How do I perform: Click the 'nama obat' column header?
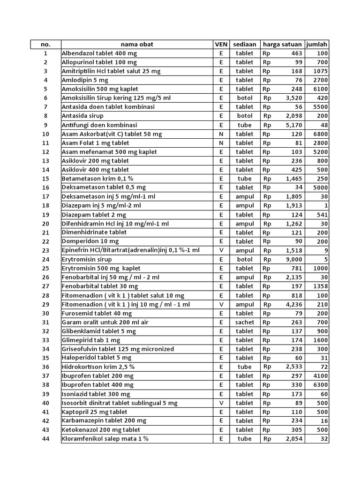pos(136,45)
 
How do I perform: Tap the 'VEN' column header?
pos(221,45)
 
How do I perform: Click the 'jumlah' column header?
pos(316,45)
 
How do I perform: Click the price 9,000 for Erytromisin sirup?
pos(294,259)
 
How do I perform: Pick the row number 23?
pos(45,250)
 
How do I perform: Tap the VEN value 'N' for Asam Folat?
pos(221,143)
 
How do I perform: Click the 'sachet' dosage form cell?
pos(244,322)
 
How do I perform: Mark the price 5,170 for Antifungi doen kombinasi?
pos(294,125)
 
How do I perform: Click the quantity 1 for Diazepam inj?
pos(326,206)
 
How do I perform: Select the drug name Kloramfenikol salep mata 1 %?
pos(105,439)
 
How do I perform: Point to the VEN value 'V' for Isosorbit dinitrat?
pos(221,403)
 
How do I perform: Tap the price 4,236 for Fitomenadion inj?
pos(294,304)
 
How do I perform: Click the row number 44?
pos(45,439)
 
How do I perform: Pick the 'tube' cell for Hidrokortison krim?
pos(244,367)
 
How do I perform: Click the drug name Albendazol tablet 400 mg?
pos(99,53)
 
